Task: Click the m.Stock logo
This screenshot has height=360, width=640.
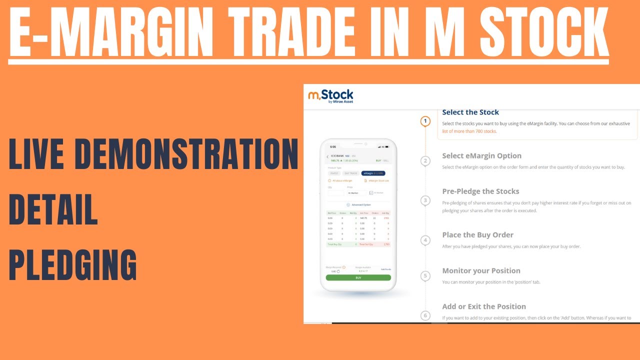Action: [330, 95]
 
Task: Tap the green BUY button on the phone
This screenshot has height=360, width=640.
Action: [358, 277]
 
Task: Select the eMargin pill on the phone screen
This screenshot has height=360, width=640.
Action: [373, 173]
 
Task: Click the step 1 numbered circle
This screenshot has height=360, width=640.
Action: [425, 121]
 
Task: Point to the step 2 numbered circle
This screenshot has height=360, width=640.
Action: [425, 161]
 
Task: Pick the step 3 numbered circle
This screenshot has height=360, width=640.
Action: [425, 200]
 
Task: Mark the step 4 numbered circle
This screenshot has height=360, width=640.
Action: [425, 240]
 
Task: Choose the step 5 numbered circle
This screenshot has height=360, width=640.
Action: [425, 276]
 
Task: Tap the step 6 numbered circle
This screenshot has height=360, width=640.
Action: [425, 315]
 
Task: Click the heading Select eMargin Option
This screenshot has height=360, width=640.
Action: [481, 156]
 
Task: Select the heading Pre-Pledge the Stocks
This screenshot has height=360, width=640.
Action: [480, 191]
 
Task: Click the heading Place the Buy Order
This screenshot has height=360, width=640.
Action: [477, 235]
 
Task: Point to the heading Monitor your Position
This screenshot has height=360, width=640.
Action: [481, 271]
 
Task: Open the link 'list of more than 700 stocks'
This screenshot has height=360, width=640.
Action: [469, 131]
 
